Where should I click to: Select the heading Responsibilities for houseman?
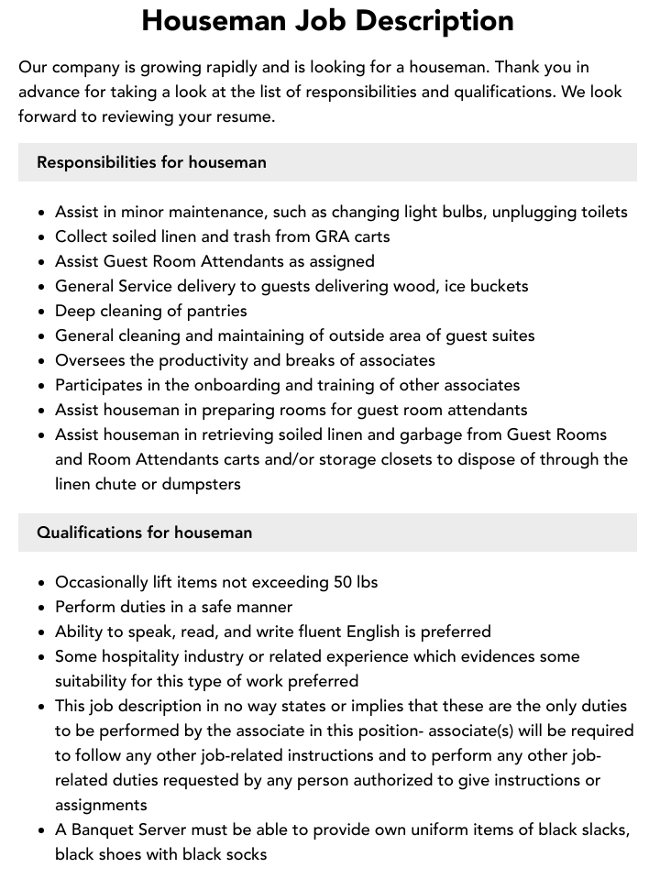tap(151, 162)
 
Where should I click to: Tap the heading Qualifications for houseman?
tap(144, 533)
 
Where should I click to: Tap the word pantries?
tap(214, 311)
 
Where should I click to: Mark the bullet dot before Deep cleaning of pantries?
tap(42, 312)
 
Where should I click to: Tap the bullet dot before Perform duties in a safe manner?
tap(42, 608)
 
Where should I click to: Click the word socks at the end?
tap(245, 854)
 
